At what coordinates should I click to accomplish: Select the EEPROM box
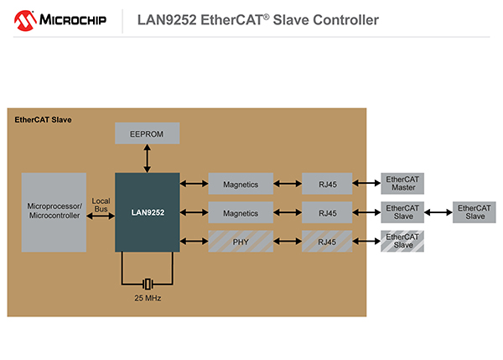point(147,133)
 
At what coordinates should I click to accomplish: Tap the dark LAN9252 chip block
point(147,212)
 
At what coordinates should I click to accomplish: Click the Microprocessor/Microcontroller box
point(54,211)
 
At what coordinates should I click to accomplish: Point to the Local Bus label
point(101,204)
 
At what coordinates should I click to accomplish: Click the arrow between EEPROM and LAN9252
point(147,158)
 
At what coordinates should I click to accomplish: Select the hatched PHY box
point(240,242)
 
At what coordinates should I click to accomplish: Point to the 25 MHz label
point(147,298)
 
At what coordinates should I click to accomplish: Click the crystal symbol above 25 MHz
point(147,283)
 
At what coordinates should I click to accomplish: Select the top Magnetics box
point(240,183)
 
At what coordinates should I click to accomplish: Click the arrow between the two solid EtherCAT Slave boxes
point(438,212)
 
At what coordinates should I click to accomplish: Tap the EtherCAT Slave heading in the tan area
point(44,120)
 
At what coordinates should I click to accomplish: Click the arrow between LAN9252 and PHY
point(194,242)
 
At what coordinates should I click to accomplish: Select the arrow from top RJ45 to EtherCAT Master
point(366,183)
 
